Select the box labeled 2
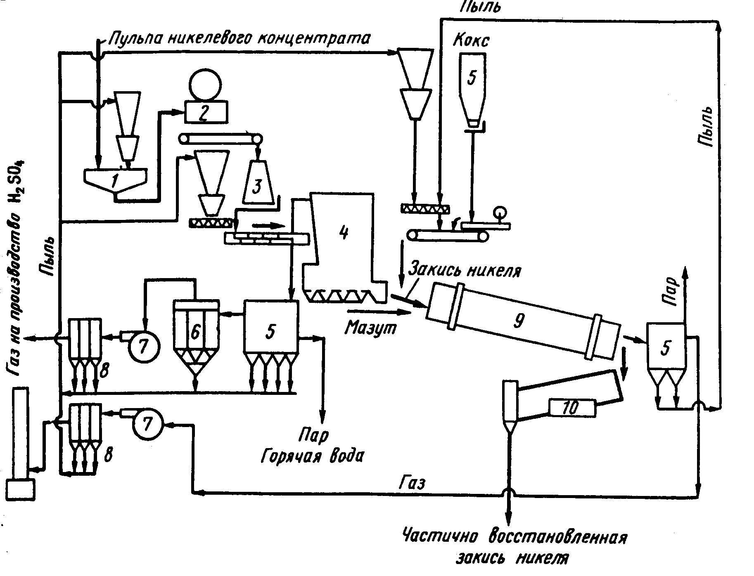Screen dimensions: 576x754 (205, 112)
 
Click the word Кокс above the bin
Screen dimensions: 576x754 (471, 40)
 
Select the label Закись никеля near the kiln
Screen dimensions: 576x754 (464, 271)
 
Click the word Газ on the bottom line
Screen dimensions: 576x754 (413, 482)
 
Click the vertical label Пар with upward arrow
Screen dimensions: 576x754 (673, 286)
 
